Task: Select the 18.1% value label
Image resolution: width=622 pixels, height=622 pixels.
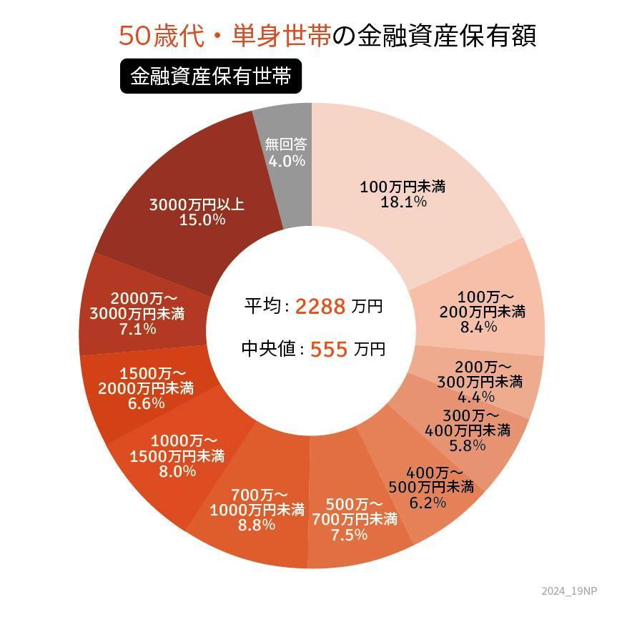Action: coord(404,202)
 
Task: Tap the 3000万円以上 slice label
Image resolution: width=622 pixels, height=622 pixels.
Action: coord(197,204)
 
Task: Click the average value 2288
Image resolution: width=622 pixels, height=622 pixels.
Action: coord(320,307)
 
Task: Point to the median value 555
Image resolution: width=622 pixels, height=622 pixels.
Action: coord(329,350)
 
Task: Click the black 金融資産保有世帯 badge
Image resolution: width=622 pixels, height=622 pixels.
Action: coord(211,76)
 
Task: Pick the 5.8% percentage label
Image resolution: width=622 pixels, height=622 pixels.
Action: coord(468,445)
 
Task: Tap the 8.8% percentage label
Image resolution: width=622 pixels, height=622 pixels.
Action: coord(257,525)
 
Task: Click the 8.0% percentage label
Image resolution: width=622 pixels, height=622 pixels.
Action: coord(177,471)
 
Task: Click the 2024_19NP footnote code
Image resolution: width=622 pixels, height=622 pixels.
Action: coord(569,591)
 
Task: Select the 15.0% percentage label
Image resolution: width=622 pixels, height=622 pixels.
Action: coord(202,219)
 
